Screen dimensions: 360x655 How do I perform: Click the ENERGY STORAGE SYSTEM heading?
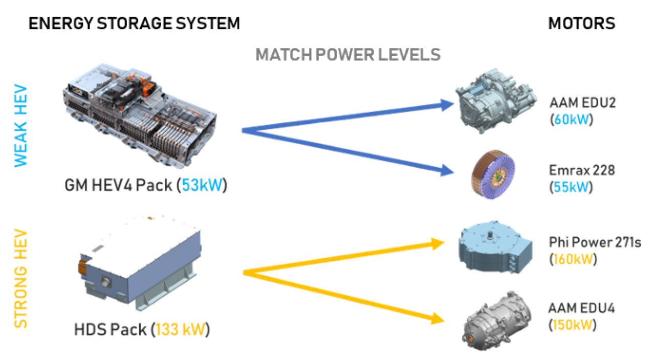(x=134, y=23)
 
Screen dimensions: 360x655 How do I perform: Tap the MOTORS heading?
(x=581, y=23)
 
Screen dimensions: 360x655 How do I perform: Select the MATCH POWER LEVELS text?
(x=348, y=55)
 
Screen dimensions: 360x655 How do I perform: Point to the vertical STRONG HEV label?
(x=20, y=279)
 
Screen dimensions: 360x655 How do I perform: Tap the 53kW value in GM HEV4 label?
(x=202, y=185)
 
